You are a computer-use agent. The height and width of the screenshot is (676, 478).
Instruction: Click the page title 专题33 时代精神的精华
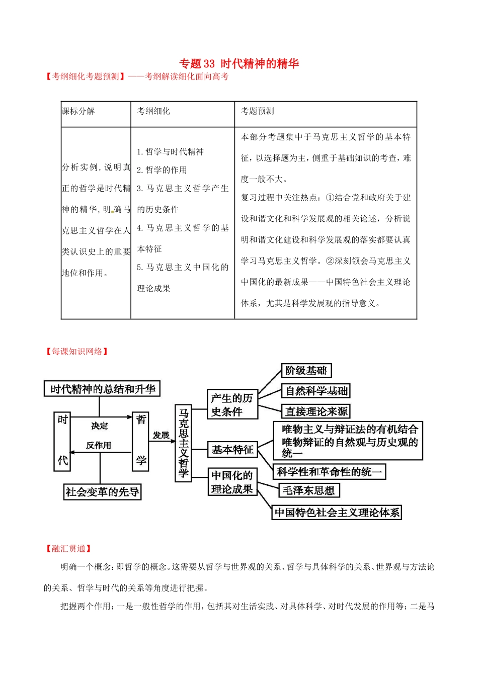tap(239, 64)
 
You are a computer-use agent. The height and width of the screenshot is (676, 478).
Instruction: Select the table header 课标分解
tap(78, 111)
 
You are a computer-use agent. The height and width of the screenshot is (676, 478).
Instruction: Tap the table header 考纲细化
tap(153, 111)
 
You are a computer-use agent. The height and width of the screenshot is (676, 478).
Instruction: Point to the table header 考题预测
tap(257, 111)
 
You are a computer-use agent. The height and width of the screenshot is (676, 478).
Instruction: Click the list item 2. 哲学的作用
tap(162, 170)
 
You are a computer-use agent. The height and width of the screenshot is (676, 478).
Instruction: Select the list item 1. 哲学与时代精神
tap(170, 152)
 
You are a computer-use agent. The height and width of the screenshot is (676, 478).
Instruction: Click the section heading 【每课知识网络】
tap(77, 352)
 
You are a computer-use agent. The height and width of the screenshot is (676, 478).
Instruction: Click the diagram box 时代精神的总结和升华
tap(102, 389)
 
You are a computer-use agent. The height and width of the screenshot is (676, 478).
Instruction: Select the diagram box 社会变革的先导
tap(102, 492)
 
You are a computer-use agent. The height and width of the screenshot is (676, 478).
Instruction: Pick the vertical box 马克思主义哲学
tap(183, 443)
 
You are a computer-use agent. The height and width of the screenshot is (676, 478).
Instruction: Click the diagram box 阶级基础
tap(305, 371)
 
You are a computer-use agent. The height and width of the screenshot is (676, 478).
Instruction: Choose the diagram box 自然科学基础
tap(316, 391)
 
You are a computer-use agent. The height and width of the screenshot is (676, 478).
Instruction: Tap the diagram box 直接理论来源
tap(316, 411)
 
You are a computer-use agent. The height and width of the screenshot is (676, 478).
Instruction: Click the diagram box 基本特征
tap(232, 450)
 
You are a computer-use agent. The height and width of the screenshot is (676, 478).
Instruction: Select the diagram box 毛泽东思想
tap(308, 490)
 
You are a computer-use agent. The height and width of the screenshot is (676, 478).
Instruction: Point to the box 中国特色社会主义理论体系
tap(337, 513)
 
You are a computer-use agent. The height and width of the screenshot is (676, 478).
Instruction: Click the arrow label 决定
tap(100, 426)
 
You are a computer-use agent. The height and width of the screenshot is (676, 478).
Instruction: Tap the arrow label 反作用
tap(99, 446)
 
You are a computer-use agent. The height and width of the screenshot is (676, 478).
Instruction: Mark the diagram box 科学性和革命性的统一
tap(329, 472)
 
